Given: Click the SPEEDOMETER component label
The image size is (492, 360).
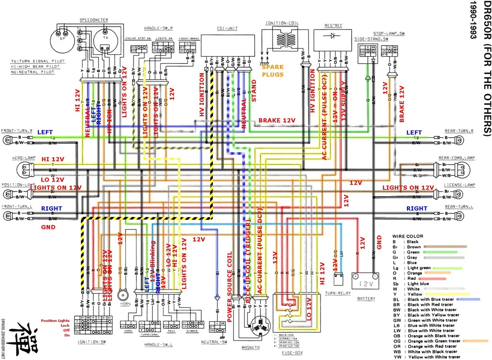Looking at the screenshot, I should click(94, 20).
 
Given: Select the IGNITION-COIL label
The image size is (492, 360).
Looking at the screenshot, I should click(285, 23).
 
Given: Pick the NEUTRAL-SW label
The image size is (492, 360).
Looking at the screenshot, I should click(218, 342).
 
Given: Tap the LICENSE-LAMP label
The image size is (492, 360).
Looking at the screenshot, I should click(459, 184).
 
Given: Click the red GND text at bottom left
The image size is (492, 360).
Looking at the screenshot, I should click(48, 227).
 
